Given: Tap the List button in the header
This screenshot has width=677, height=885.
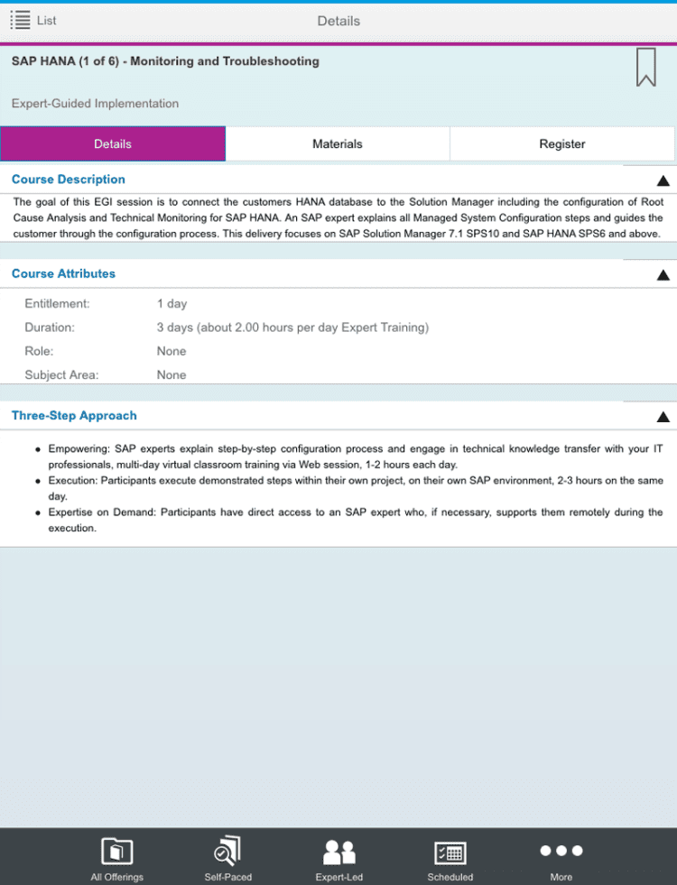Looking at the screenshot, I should (x=33, y=20).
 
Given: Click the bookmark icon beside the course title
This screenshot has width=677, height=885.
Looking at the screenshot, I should (x=645, y=68).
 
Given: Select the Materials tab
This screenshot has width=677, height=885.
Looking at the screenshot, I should (x=338, y=144).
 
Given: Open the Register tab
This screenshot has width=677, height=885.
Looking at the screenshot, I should (x=561, y=144).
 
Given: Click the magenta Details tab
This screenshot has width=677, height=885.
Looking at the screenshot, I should (x=113, y=144).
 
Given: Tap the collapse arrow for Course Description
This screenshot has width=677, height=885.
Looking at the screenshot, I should (x=663, y=180).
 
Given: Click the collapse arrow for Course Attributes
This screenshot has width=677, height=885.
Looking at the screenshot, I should (x=663, y=275).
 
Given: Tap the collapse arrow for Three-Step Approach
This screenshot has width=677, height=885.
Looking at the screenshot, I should (x=663, y=417).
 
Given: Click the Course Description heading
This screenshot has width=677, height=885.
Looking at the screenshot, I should (x=69, y=180).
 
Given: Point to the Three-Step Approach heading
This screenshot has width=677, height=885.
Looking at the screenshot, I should (x=74, y=416).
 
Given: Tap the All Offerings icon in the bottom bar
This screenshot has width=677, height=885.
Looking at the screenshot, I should (x=116, y=852).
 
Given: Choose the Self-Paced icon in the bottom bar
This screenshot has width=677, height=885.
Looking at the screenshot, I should (x=227, y=852).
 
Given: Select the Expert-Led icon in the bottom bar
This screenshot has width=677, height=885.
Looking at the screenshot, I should (x=339, y=852).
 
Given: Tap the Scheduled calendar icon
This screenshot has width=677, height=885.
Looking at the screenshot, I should (x=450, y=852).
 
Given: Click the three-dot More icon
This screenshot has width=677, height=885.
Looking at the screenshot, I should (x=561, y=851).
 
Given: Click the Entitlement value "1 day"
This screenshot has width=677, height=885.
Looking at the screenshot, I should (x=172, y=304).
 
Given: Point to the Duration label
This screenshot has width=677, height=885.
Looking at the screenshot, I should (x=50, y=327).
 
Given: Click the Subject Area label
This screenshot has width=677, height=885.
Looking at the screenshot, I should (x=61, y=375).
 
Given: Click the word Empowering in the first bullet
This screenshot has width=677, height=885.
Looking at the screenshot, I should (x=78, y=448).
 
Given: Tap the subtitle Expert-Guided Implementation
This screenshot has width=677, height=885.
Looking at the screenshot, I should (x=95, y=104).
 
